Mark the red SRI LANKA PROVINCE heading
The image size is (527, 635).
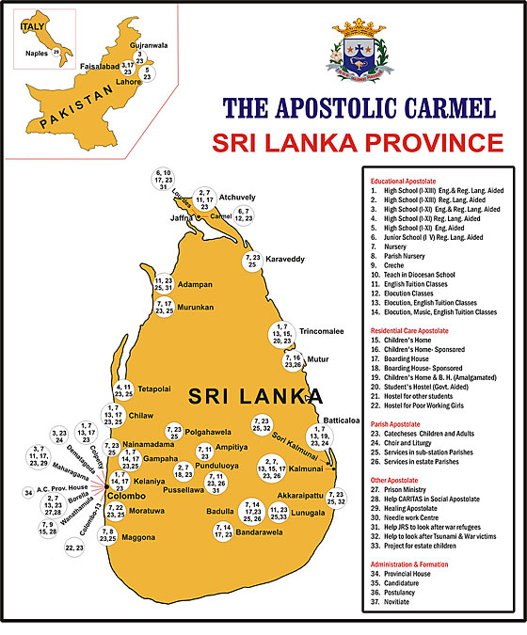click(x=357, y=143)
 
